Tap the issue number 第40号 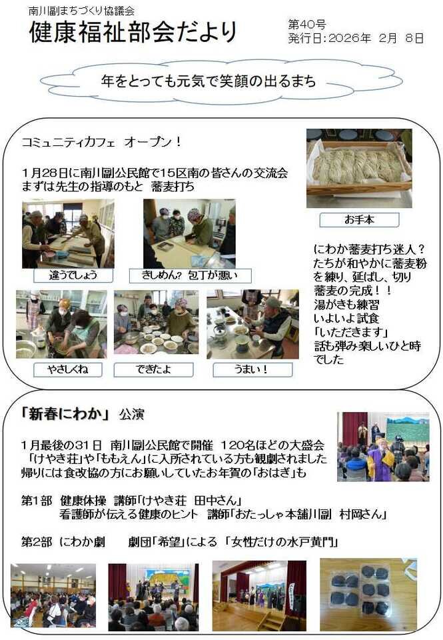307,25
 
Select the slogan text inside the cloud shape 208,81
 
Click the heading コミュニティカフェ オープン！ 101,143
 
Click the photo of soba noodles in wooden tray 359,167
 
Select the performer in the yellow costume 382,459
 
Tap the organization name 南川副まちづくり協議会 82,11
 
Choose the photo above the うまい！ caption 252,325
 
